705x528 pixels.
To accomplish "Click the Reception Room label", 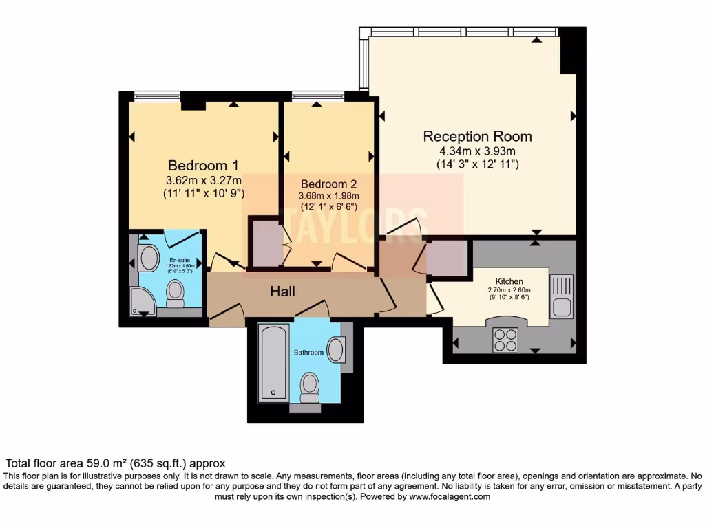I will tap(477, 136).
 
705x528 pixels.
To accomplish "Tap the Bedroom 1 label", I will tap(203, 166).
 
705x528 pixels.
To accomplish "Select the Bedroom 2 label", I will tap(328, 184).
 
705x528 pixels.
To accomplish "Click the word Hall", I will tap(282, 292).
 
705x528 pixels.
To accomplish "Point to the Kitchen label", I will tap(509, 281).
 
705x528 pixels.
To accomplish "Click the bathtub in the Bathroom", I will tap(273, 362).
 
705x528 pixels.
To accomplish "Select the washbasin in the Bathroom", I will tap(336, 350).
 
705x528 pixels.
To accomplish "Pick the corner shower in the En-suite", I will tap(142, 302).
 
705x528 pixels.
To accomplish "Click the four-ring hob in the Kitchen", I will tap(505, 339).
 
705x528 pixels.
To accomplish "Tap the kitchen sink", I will tap(562, 296).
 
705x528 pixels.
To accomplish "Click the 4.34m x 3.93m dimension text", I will tap(477, 151).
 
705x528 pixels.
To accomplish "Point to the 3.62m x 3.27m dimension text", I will tap(203, 180).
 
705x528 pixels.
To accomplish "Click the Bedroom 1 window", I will tap(157, 96).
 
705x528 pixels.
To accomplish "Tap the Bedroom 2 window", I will tap(317, 96).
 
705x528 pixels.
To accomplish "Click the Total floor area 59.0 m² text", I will tap(116, 463).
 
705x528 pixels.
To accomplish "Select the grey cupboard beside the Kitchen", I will tap(448, 258).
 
